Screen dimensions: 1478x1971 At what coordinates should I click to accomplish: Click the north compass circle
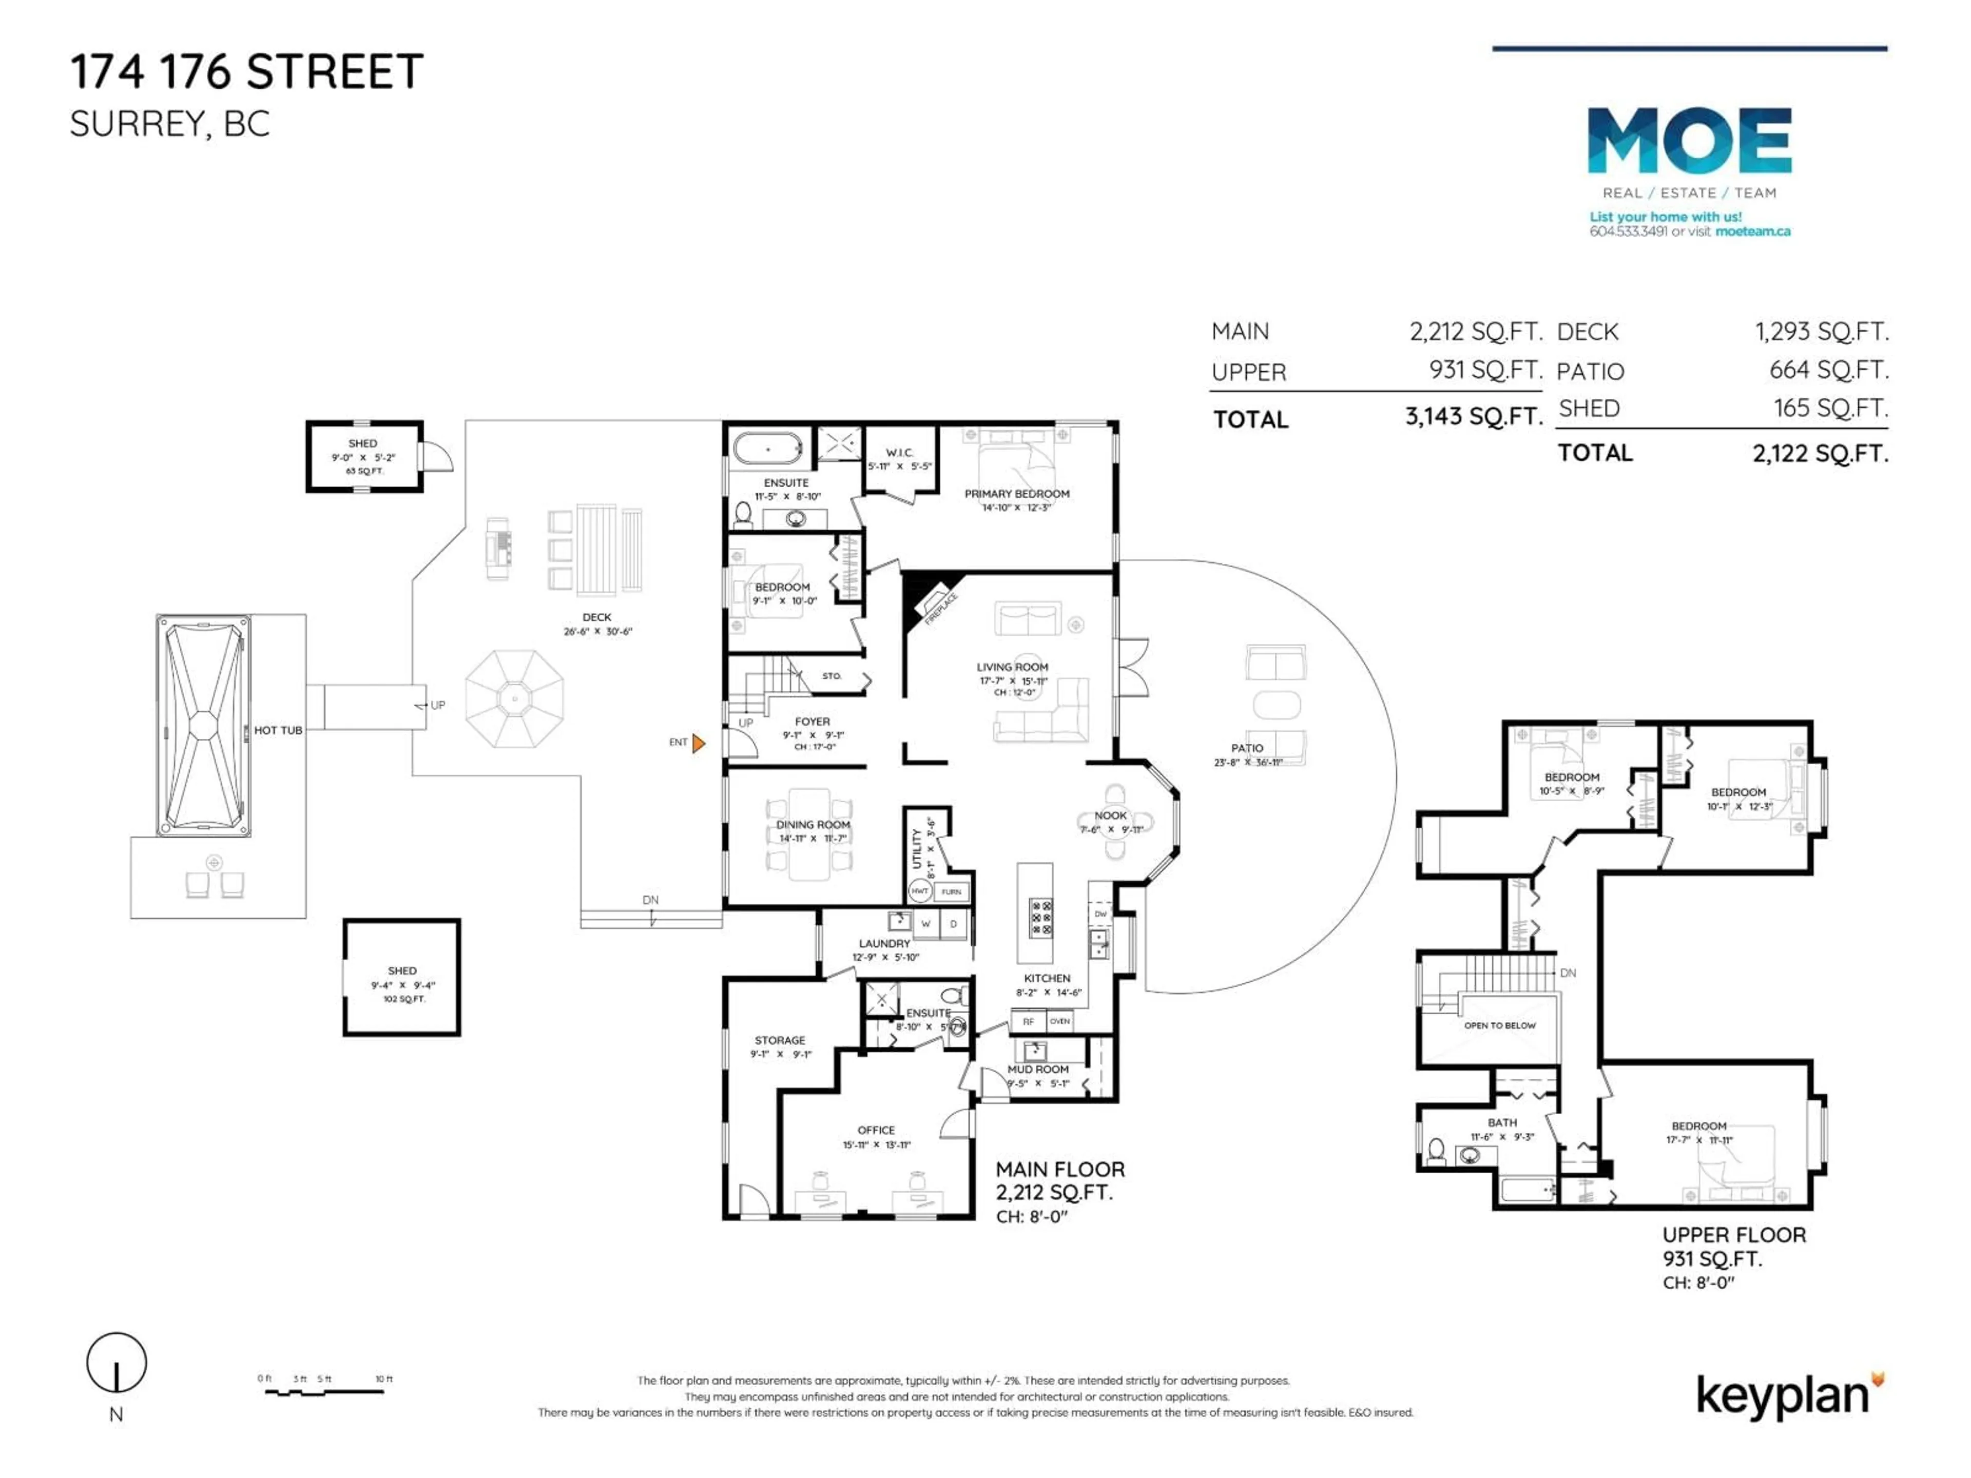(x=116, y=1362)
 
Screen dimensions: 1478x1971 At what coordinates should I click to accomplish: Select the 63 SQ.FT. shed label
(x=363, y=471)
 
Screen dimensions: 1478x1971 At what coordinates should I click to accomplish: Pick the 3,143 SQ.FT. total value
(x=1473, y=416)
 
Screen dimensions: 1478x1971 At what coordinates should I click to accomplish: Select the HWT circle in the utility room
(x=920, y=891)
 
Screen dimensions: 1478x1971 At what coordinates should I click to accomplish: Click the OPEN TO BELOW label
(x=1500, y=1025)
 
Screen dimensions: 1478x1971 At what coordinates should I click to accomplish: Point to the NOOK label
(x=1110, y=815)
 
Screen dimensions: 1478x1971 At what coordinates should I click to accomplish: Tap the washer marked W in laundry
(x=926, y=924)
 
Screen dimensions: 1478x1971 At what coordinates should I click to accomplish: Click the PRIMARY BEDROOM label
(x=1017, y=494)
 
